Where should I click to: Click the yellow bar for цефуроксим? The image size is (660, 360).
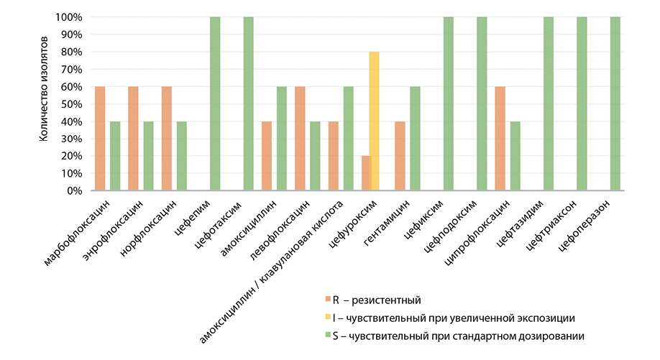[374, 121]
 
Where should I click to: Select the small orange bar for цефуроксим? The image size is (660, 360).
[365, 173]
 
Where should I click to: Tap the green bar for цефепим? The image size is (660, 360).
[215, 103]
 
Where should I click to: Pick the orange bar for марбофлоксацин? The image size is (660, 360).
[100, 138]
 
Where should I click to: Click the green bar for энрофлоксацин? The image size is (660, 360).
[148, 156]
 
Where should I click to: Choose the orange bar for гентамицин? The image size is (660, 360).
[400, 156]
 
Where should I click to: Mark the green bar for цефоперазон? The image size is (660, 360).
[615, 103]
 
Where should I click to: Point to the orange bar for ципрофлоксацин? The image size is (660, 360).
[500, 138]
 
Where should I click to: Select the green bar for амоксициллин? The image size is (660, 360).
[282, 138]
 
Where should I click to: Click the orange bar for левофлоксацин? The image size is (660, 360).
[300, 138]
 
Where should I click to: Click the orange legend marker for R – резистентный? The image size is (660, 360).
[326, 299]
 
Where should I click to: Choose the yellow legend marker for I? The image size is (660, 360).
[326, 317]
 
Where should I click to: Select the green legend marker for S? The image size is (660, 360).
[326, 336]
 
